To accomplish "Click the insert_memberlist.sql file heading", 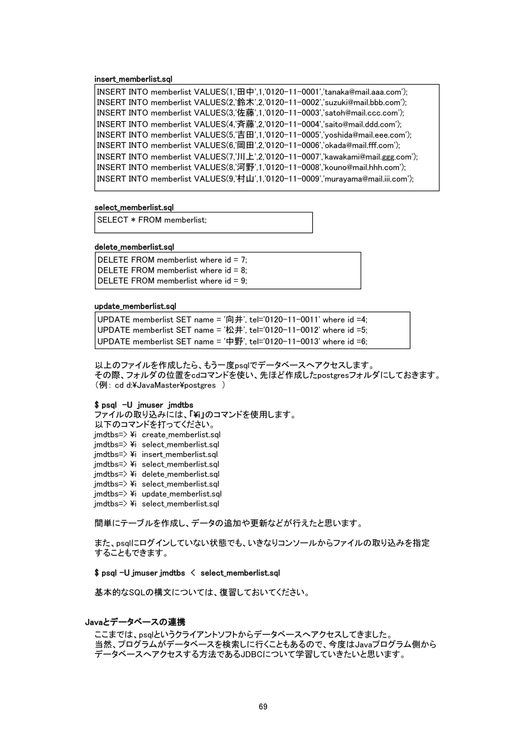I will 133,79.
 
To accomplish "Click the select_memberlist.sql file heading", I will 134,208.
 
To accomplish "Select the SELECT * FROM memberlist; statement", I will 152,220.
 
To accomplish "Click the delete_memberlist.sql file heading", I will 134,247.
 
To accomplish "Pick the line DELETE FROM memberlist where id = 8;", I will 172,270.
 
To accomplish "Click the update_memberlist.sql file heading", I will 135,307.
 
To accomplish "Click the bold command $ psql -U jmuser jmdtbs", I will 143,405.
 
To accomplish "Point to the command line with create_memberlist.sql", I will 156,434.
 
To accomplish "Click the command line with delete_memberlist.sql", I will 156,474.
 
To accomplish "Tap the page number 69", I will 263,706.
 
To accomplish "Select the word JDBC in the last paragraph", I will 252,655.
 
